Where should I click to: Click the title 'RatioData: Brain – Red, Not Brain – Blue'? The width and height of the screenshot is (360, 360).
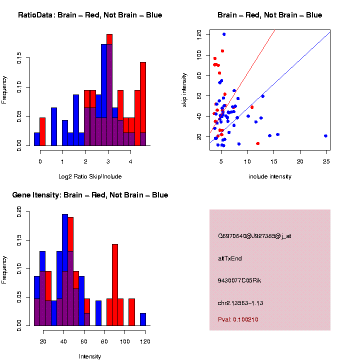pyautogui.click(x=90, y=15)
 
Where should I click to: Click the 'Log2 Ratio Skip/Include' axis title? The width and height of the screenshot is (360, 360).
pyautogui.click(x=90, y=176)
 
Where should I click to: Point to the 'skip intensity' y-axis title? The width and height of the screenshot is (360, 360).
pyautogui.click(x=184, y=89)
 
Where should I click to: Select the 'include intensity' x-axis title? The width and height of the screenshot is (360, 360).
pyautogui.click(x=269, y=176)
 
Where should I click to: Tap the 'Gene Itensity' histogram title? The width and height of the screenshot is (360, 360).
pyautogui.click(x=90, y=195)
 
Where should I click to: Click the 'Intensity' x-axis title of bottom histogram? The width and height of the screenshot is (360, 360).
pyautogui.click(x=90, y=356)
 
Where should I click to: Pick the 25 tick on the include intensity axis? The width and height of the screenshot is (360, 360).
pyautogui.click(x=326, y=162)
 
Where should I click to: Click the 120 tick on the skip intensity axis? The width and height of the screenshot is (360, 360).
pyautogui.click(x=199, y=34)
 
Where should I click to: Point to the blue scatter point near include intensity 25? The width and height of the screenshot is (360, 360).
pyautogui.click(x=325, y=136)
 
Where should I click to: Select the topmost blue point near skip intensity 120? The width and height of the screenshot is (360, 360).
pyautogui.click(x=224, y=34)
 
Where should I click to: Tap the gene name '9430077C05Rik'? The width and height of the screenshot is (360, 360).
pyautogui.click(x=239, y=280)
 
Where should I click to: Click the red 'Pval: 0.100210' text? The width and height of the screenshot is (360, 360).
pyautogui.click(x=238, y=319)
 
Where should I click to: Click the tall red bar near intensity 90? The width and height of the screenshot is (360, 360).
pyautogui.click(x=115, y=285)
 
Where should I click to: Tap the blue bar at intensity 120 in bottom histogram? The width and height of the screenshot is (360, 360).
pyautogui.click(x=143, y=319)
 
